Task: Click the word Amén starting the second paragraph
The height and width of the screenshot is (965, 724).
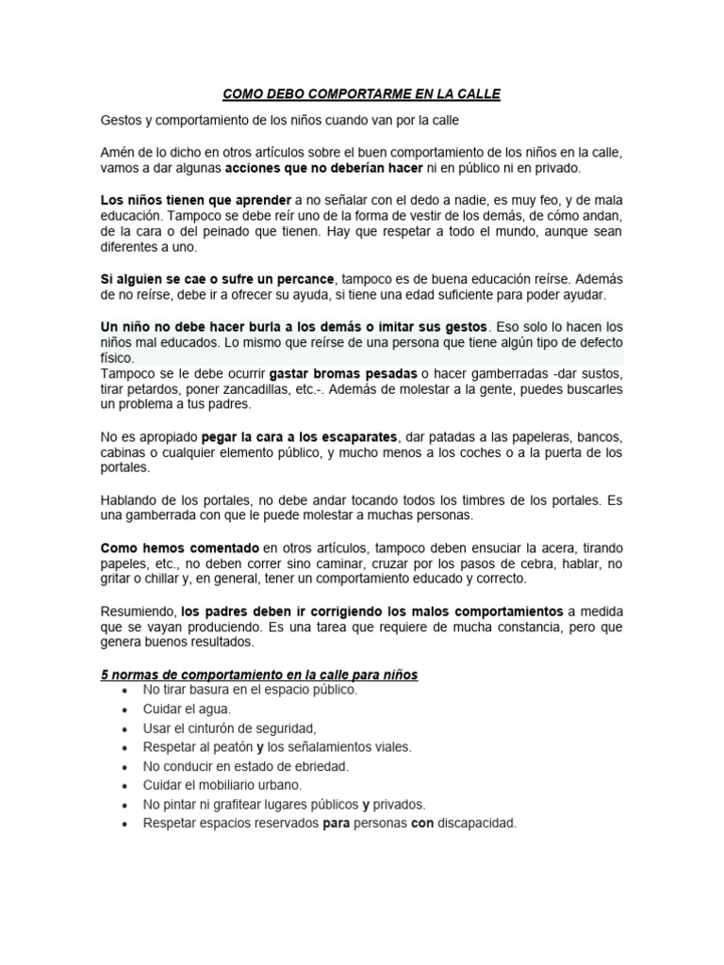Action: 116,152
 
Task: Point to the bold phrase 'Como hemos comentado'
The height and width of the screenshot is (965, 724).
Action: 179,548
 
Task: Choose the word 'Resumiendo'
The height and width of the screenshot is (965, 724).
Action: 138,612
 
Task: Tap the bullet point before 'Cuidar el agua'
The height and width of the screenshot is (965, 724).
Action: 125,710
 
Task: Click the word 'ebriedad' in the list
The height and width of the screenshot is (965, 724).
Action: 319,766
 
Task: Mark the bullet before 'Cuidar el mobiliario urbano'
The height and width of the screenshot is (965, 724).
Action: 125,786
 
